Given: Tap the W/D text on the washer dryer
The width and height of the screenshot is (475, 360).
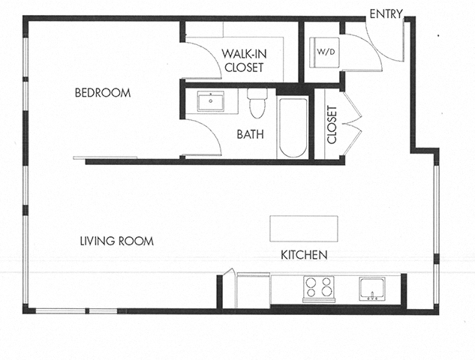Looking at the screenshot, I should pos(325,52).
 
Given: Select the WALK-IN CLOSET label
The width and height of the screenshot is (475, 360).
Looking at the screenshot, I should pos(243,60).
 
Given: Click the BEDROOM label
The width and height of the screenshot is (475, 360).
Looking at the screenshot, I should pos(103,94).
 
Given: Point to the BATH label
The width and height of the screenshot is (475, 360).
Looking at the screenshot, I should pos(249,136).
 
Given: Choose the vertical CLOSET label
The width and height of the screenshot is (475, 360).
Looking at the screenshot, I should pos(332,124).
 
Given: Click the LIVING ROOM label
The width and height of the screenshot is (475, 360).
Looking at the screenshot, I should pos(117,241).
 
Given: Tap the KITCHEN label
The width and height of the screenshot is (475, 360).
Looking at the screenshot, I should pos(304,255).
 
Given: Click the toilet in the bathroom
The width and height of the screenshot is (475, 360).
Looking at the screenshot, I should pos(257,104).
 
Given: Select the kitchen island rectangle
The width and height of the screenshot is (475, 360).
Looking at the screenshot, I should pos(303,228).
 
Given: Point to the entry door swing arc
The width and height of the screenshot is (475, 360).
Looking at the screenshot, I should pos(386,45).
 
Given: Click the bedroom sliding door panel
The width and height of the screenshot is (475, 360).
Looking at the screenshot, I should pos(105,157).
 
